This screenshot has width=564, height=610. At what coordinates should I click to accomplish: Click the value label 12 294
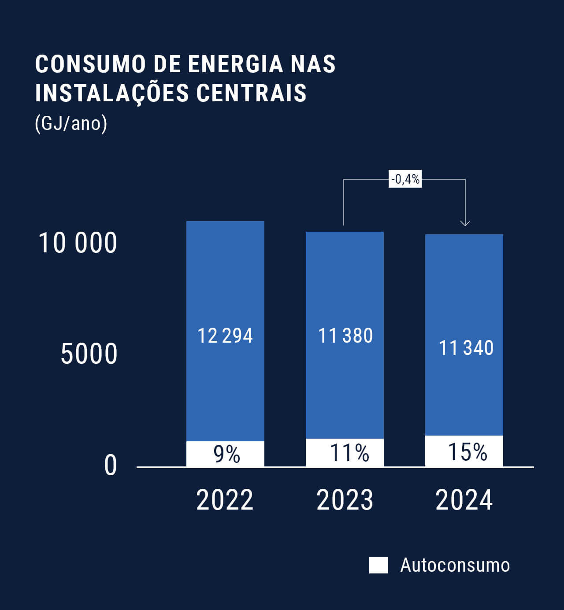tap(225, 336)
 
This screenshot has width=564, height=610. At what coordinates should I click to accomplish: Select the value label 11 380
tap(345, 336)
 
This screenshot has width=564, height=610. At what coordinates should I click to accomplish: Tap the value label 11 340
tap(466, 348)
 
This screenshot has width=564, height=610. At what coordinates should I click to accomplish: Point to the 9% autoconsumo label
tap(226, 454)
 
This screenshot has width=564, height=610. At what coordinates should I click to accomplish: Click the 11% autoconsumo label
tap(349, 453)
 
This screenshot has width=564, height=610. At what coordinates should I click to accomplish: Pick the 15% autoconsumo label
tap(467, 452)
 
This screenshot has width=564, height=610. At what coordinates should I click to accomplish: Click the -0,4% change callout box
tap(405, 179)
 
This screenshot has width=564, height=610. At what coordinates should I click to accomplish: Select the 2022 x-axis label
tap(225, 500)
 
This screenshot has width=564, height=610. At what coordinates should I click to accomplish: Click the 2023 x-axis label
tap(345, 500)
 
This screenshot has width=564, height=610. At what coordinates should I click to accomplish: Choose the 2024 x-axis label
tap(464, 500)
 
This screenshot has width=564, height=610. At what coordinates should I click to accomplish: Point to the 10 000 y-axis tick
tap(78, 243)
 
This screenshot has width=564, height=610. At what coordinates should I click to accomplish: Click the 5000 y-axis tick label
tap(89, 354)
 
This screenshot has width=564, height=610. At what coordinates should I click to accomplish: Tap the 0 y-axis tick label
tap(111, 466)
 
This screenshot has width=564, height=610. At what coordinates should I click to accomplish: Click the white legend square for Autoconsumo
tap(378, 565)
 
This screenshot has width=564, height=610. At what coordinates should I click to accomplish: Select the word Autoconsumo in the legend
tap(455, 565)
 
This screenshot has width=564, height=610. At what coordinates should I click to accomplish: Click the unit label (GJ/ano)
tap(71, 123)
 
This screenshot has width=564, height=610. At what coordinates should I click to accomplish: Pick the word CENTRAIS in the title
tap(251, 93)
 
